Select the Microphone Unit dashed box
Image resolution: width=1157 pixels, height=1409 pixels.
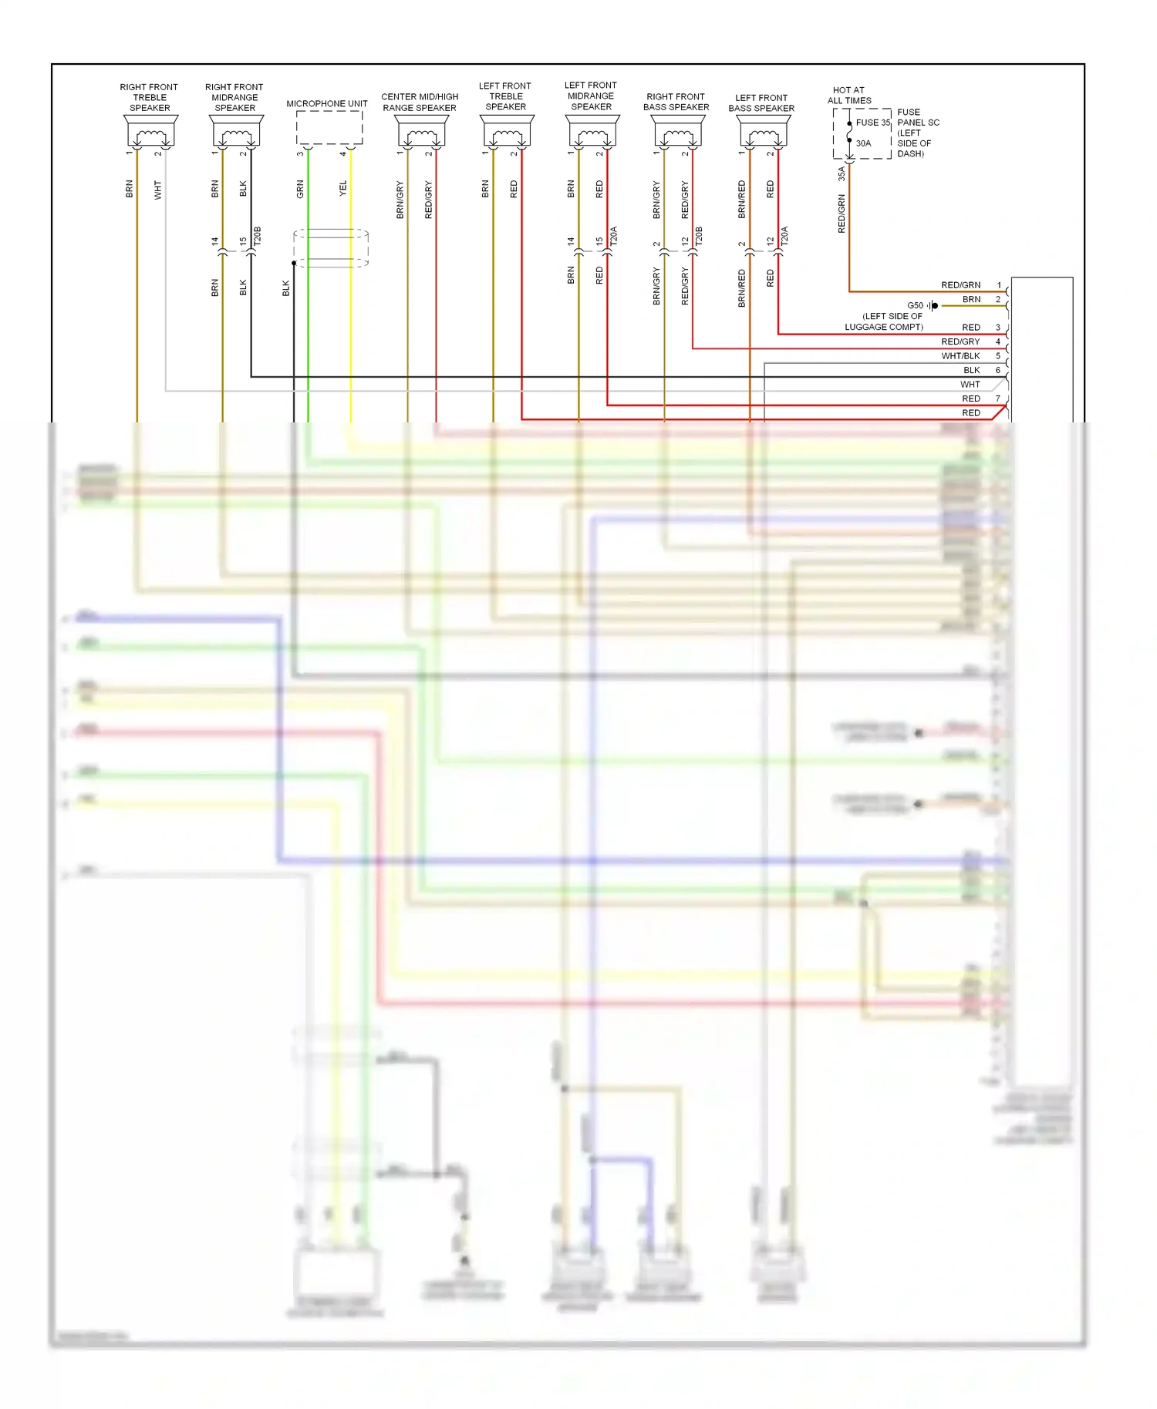[329, 128]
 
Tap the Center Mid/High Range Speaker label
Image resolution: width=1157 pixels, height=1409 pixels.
[420, 103]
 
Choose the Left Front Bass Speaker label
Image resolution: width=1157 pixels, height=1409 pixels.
[761, 103]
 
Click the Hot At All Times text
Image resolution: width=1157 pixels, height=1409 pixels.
[849, 96]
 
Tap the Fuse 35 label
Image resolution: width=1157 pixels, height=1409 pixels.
[872, 123]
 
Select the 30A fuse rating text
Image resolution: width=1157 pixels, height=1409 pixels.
[863, 143]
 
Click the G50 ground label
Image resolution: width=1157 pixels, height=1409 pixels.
[915, 306]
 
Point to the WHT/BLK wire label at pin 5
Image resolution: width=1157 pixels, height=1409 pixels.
[960, 356]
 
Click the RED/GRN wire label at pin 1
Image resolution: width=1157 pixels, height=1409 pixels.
[960, 285]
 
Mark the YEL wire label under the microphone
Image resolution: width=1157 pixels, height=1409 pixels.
[343, 189]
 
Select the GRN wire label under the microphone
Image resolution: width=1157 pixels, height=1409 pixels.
[300, 189]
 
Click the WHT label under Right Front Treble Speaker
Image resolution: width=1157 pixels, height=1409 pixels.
[157, 190]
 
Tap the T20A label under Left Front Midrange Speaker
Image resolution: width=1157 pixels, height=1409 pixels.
[614, 236]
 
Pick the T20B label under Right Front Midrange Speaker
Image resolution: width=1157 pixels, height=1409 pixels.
[258, 236]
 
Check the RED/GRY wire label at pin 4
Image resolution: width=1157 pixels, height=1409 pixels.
[960, 342]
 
